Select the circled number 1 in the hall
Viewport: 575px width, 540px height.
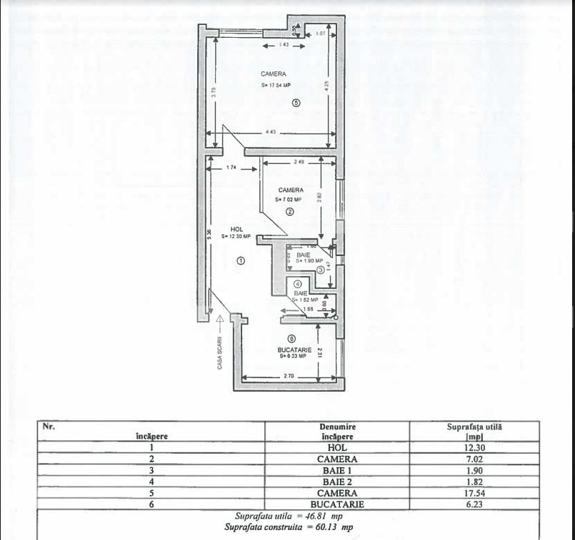pos(241,261)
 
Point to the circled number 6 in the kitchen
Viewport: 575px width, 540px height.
pos(291,339)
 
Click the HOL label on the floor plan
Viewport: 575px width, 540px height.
pos(236,228)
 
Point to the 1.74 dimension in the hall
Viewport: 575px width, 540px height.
pos(231,168)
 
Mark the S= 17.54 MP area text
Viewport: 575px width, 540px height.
pos(276,86)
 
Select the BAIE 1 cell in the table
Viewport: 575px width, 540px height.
pos(336,471)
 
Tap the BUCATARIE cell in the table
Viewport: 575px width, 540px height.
pos(336,504)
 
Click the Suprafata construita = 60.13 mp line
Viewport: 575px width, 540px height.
pos(288,527)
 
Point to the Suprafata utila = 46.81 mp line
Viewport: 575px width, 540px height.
pos(288,516)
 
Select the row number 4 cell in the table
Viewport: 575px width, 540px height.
pos(151,482)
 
